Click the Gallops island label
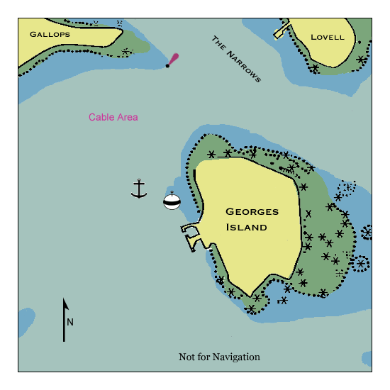point(50,34)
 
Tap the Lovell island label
point(327,37)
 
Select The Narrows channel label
point(236,59)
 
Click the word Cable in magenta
point(102,117)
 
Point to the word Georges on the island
point(252,211)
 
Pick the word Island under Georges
point(246,228)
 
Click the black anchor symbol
point(139,189)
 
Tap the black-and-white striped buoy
point(172,201)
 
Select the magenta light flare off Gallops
point(173,59)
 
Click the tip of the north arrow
point(65,301)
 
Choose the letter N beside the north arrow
point(70,322)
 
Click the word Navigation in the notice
point(236,357)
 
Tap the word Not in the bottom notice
point(188,357)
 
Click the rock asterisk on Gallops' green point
point(126,51)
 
